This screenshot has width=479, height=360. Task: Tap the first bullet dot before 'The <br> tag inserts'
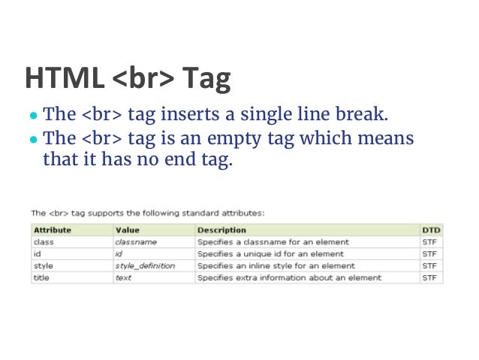[33, 117]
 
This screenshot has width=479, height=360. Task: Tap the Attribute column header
[53, 230]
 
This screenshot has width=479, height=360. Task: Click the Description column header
[221, 230]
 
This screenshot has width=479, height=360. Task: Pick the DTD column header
[431, 230]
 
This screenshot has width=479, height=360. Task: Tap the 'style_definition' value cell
[145, 266]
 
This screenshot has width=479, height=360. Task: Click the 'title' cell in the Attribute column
[41, 277]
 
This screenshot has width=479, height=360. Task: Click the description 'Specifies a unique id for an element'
[267, 254]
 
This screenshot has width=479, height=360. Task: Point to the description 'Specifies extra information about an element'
[289, 277]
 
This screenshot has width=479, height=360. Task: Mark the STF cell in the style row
[429, 266]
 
